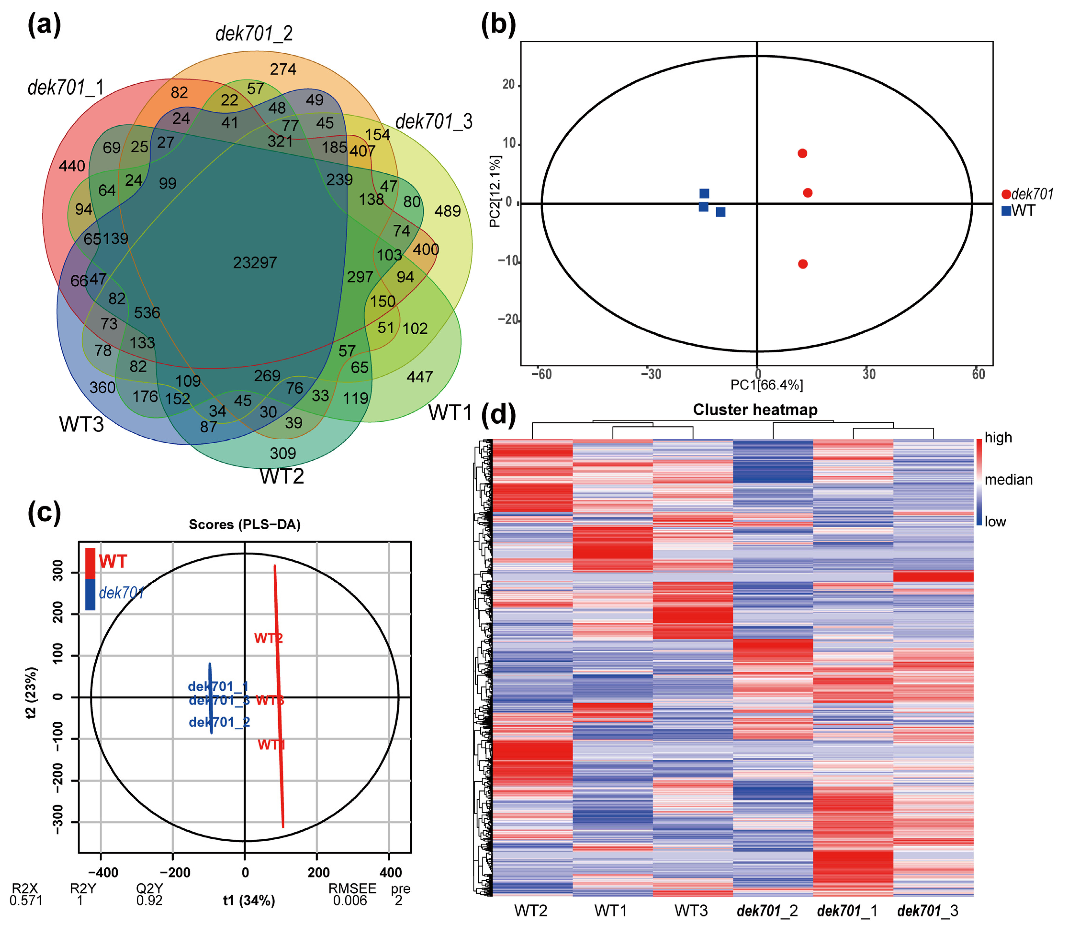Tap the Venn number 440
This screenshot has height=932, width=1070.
[72, 167]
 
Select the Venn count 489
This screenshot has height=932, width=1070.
[447, 211]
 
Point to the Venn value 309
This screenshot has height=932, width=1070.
[283, 453]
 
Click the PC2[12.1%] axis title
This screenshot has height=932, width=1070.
[495, 191]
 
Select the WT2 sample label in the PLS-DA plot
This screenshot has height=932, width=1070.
[268, 638]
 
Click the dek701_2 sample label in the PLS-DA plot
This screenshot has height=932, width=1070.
[219, 722]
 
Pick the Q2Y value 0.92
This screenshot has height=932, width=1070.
[149, 900]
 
